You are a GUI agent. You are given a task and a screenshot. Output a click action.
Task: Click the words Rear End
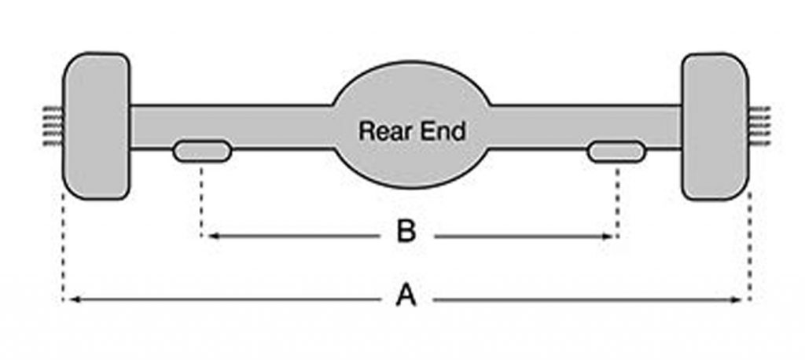pos(412,130)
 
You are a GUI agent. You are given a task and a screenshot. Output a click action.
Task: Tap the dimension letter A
pos(404,298)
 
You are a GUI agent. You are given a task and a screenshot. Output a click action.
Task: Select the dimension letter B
pos(405,233)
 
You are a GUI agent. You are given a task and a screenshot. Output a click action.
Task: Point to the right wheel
pos(713,126)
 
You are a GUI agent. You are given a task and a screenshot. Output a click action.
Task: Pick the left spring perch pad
pos(202,151)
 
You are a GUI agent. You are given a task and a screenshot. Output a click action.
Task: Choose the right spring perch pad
pos(616,151)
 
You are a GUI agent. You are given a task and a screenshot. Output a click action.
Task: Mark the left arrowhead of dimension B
pos(211,235)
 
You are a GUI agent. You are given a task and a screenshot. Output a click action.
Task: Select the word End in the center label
pos(444,130)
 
